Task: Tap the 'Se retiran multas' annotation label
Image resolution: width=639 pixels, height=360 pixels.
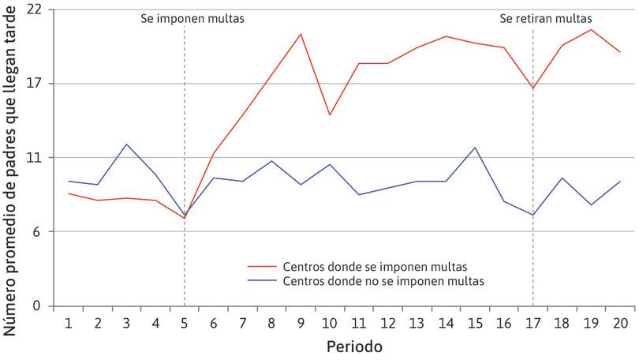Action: point(540,17)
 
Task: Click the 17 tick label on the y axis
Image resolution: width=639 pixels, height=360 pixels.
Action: point(36,84)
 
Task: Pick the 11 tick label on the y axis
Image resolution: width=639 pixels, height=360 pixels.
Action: point(36,158)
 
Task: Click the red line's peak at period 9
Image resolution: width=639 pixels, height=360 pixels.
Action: point(301,34)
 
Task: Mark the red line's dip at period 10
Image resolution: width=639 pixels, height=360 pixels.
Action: point(330,115)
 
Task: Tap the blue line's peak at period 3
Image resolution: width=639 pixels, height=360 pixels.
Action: point(127,144)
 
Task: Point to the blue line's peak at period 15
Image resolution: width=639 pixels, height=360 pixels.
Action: point(475,148)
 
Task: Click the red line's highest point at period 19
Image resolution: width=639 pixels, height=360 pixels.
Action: point(592,29)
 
